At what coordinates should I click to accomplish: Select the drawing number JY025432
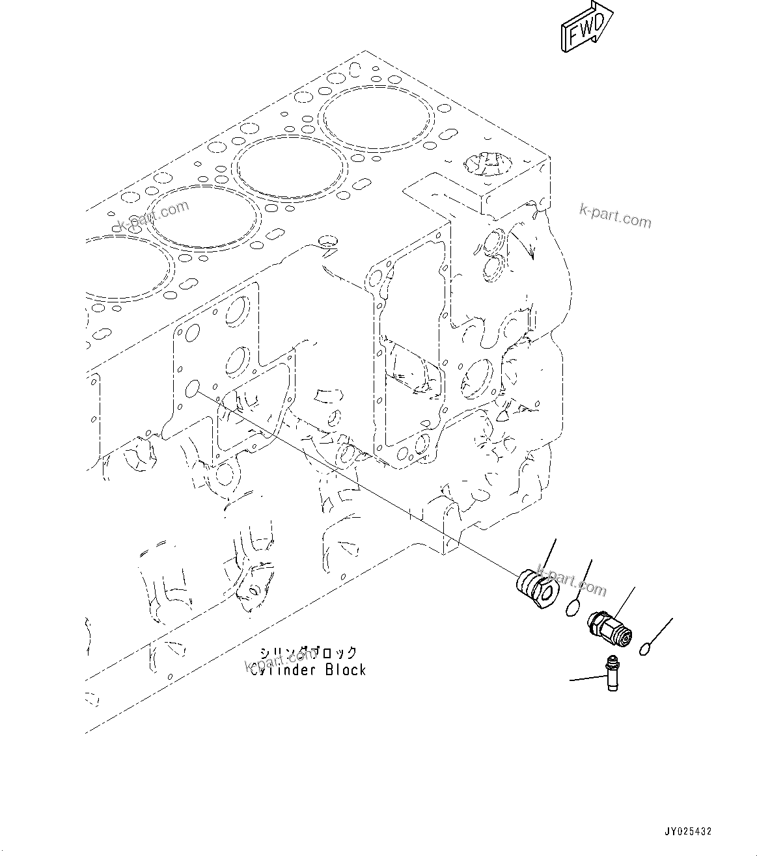688,831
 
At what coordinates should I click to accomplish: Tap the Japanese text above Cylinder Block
309,652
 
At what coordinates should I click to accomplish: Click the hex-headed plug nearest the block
535,587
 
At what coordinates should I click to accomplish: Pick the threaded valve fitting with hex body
609,628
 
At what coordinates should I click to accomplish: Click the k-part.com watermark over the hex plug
573,583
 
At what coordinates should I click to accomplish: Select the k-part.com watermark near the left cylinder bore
154,215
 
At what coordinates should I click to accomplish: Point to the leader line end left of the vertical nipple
571,680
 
